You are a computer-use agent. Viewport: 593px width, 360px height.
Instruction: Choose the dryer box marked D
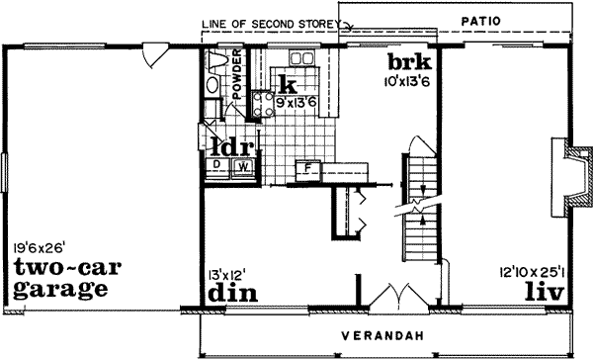coord(216,166)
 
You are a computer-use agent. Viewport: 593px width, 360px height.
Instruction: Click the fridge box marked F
coord(308,167)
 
